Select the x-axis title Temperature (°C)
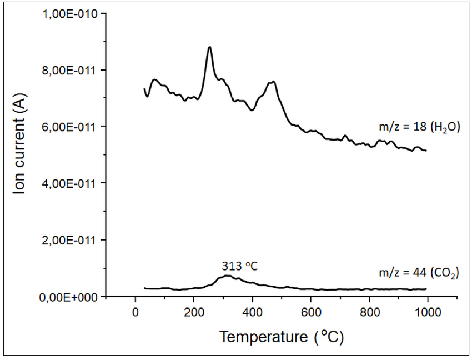pos(282,337)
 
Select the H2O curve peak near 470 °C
pos(273,82)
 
